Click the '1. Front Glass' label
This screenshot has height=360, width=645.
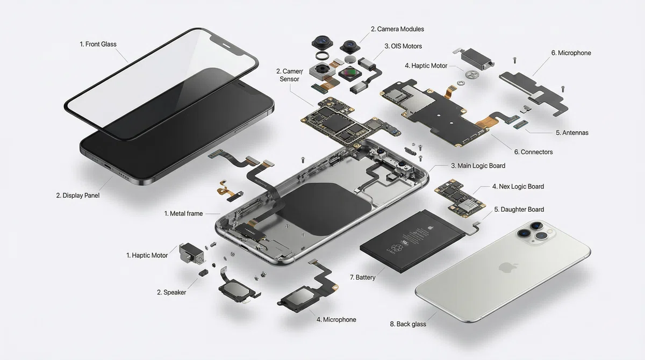(x=98, y=44)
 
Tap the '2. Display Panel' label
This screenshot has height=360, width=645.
(x=78, y=196)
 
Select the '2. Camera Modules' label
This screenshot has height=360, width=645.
(x=397, y=29)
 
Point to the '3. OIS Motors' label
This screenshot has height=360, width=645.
(x=403, y=46)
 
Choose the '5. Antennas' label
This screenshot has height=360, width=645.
(x=572, y=133)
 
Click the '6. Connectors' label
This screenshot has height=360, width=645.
(x=533, y=152)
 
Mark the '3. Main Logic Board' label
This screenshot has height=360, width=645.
(x=478, y=165)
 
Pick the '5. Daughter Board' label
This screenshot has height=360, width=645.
(x=519, y=210)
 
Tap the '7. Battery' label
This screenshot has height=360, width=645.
(x=362, y=277)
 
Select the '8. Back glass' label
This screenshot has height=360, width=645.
(x=408, y=324)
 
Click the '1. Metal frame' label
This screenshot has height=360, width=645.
(x=183, y=213)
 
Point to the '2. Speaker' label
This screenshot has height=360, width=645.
(x=171, y=292)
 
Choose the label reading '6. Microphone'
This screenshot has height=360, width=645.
(x=571, y=53)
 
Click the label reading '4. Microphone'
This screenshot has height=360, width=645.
(x=336, y=320)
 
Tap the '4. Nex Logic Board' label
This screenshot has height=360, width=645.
(x=518, y=186)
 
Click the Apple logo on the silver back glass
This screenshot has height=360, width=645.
(x=507, y=268)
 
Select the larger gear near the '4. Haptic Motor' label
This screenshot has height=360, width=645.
(x=472, y=75)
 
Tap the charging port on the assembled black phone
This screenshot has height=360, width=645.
(x=107, y=167)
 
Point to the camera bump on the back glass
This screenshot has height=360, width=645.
(x=535, y=233)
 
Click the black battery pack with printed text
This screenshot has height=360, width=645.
(x=412, y=241)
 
